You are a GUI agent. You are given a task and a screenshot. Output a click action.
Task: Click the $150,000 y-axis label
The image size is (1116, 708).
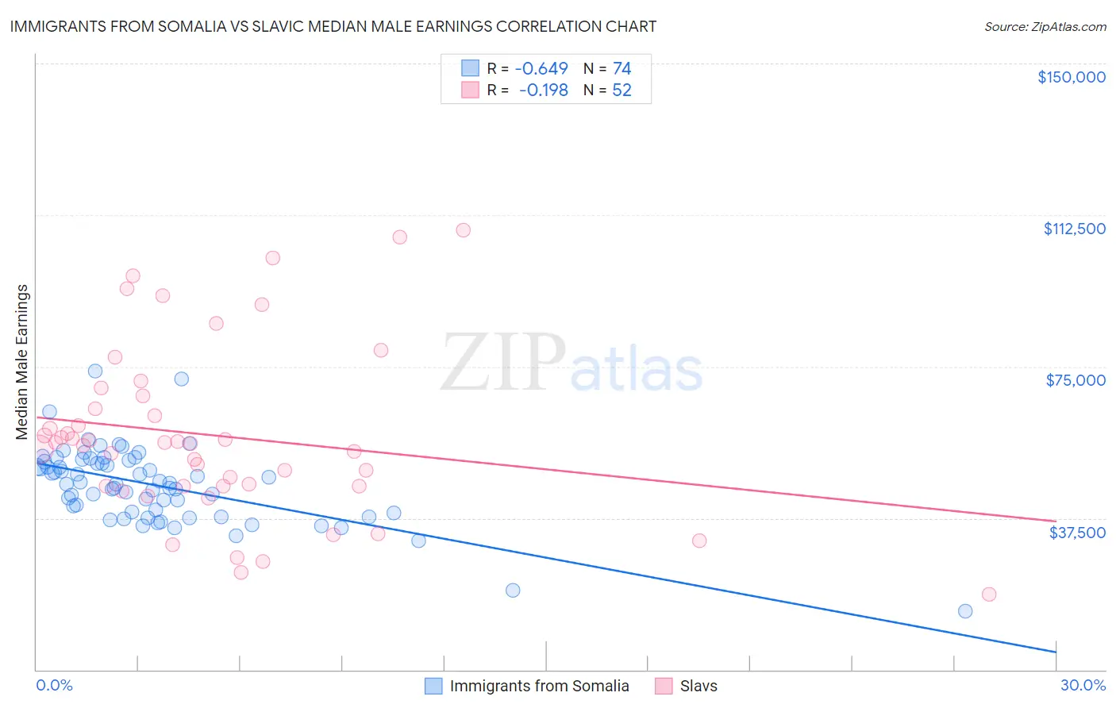[1071, 77]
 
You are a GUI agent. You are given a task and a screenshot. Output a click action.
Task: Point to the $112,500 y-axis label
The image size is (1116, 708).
[1074, 229]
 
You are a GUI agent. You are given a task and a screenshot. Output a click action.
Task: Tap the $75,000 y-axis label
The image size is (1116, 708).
[1075, 380]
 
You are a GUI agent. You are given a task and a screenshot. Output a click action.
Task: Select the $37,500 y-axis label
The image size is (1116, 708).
[1076, 533]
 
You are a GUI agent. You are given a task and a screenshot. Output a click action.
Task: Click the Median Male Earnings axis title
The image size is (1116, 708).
[21, 361]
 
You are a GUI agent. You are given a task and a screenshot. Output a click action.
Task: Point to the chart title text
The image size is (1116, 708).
[333, 26]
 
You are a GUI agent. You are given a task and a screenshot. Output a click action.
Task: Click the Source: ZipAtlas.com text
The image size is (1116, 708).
[1045, 27]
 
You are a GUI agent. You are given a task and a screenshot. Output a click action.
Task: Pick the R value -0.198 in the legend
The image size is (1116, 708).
[543, 90]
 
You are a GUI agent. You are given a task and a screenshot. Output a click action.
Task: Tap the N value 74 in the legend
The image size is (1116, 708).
[621, 69]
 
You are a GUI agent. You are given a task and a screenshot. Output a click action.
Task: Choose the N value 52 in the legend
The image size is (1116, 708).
[621, 90]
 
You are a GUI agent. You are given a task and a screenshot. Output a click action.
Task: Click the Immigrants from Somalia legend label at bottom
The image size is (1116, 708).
[539, 687]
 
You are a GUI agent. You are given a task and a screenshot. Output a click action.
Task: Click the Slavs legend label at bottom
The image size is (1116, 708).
[698, 687]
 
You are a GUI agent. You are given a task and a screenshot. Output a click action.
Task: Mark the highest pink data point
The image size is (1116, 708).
[464, 230]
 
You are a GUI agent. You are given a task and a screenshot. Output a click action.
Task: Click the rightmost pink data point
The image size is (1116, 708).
[988, 594]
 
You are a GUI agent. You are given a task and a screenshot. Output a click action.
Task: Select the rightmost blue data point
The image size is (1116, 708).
[965, 611]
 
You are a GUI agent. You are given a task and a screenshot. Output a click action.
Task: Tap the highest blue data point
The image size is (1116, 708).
[95, 371]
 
